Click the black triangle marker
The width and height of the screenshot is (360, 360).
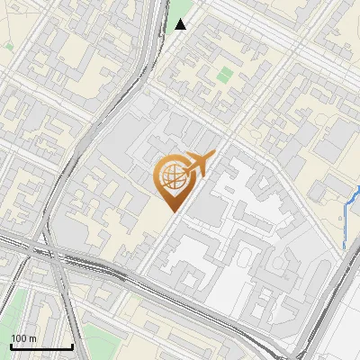pyautogui.click(x=181, y=24)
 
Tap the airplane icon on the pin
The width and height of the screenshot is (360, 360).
pyautogui.click(x=197, y=166)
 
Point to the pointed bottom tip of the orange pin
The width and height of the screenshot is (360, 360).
pyautogui.click(x=174, y=211)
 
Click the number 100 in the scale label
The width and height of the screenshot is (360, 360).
pyautogui.click(x=18, y=338)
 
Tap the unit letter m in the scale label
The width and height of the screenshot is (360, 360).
pyautogui.click(x=31, y=338)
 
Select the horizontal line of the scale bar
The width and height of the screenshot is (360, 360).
pyautogui.click(x=41, y=346)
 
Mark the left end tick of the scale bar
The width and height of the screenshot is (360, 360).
pyautogui.click(x=11, y=346)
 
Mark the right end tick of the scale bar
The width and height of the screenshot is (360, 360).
pyautogui.click(x=72, y=346)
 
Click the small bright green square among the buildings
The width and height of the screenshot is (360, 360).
pyautogui.click(x=225, y=75)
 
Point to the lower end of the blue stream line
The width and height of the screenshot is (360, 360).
pyautogui.click(x=345, y=247)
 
